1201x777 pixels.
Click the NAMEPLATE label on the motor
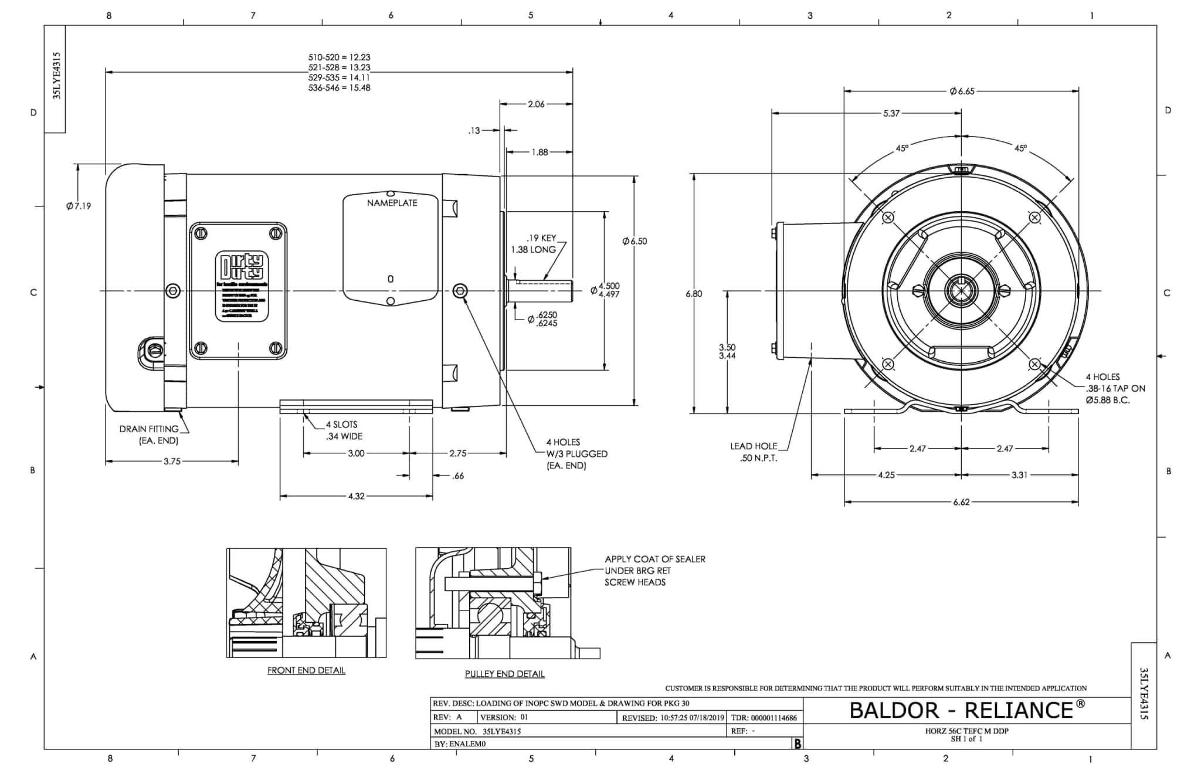(x=392, y=203)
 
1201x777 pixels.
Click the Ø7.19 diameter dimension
(x=79, y=206)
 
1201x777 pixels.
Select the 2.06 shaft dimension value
(x=536, y=104)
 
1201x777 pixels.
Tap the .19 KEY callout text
(x=541, y=238)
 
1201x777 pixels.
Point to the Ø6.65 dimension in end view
(x=962, y=91)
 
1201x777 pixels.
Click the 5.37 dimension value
(x=891, y=113)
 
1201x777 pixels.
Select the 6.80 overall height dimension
(x=694, y=294)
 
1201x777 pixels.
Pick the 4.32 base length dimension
(x=356, y=496)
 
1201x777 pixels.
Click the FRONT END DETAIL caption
(x=306, y=670)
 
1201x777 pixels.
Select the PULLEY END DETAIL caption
(x=504, y=674)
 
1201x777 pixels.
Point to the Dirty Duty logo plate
(x=242, y=287)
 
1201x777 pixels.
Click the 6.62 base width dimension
(x=961, y=503)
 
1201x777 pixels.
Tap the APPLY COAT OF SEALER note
(x=654, y=571)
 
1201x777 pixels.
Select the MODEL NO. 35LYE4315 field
(x=477, y=731)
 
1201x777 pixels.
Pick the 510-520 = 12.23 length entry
(x=339, y=57)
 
